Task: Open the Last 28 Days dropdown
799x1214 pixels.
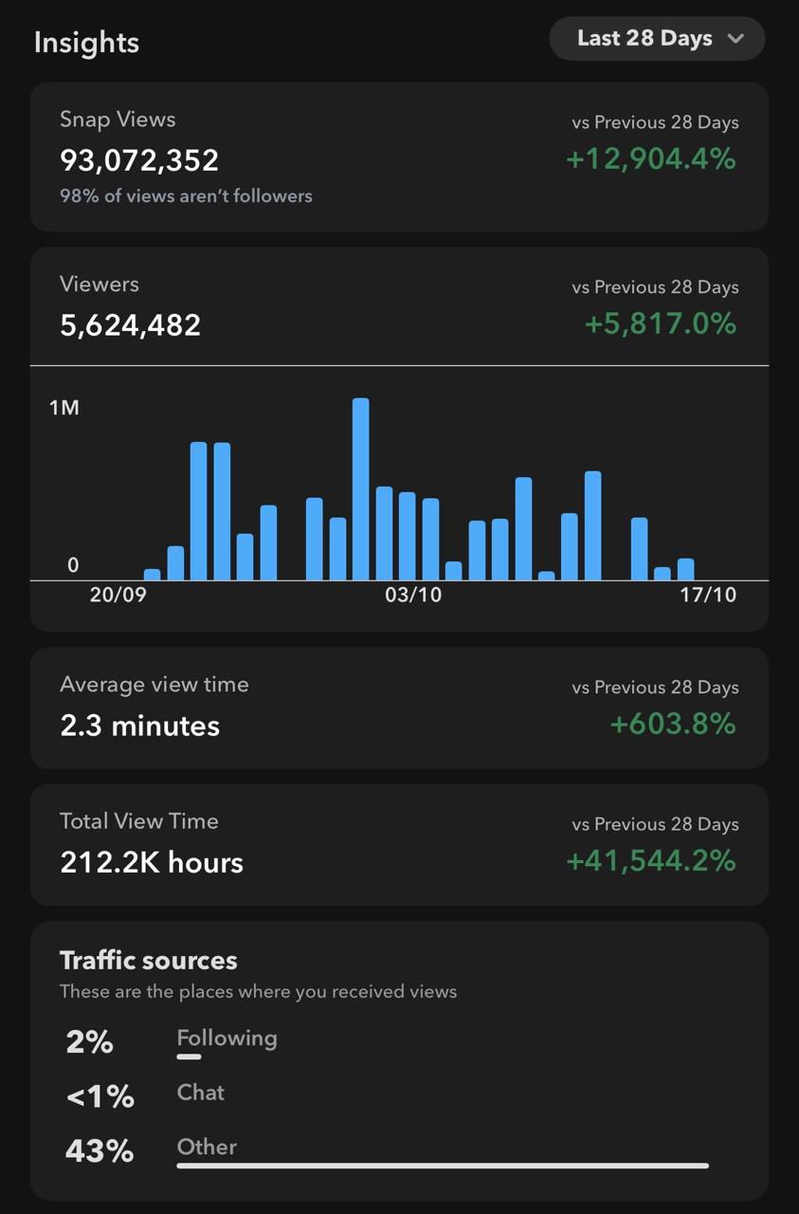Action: [657, 39]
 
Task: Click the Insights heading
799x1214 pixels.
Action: [86, 43]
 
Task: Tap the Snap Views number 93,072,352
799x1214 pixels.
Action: [139, 160]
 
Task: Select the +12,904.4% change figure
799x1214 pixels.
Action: [651, 159]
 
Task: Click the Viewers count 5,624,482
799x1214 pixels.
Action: [131, 325]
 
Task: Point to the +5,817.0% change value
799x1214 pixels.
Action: [660, 324]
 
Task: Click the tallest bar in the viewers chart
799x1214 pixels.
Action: [360, 488]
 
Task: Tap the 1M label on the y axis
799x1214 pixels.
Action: [64, 408]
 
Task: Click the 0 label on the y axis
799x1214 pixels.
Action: [73, 565]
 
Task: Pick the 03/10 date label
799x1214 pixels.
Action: [413, 595]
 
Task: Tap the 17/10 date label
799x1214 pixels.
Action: [707, 595]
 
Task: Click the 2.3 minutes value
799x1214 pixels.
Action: [140, 727]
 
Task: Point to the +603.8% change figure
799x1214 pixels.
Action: [673, 725]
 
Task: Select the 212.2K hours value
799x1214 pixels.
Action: [152, 863]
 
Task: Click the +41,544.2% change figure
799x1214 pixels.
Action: [651, 861]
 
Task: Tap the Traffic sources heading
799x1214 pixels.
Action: [149, 961]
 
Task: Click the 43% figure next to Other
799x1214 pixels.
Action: [100, 1151]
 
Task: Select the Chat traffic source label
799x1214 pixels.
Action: [201, 1093]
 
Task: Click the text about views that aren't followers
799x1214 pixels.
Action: [186, 196]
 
